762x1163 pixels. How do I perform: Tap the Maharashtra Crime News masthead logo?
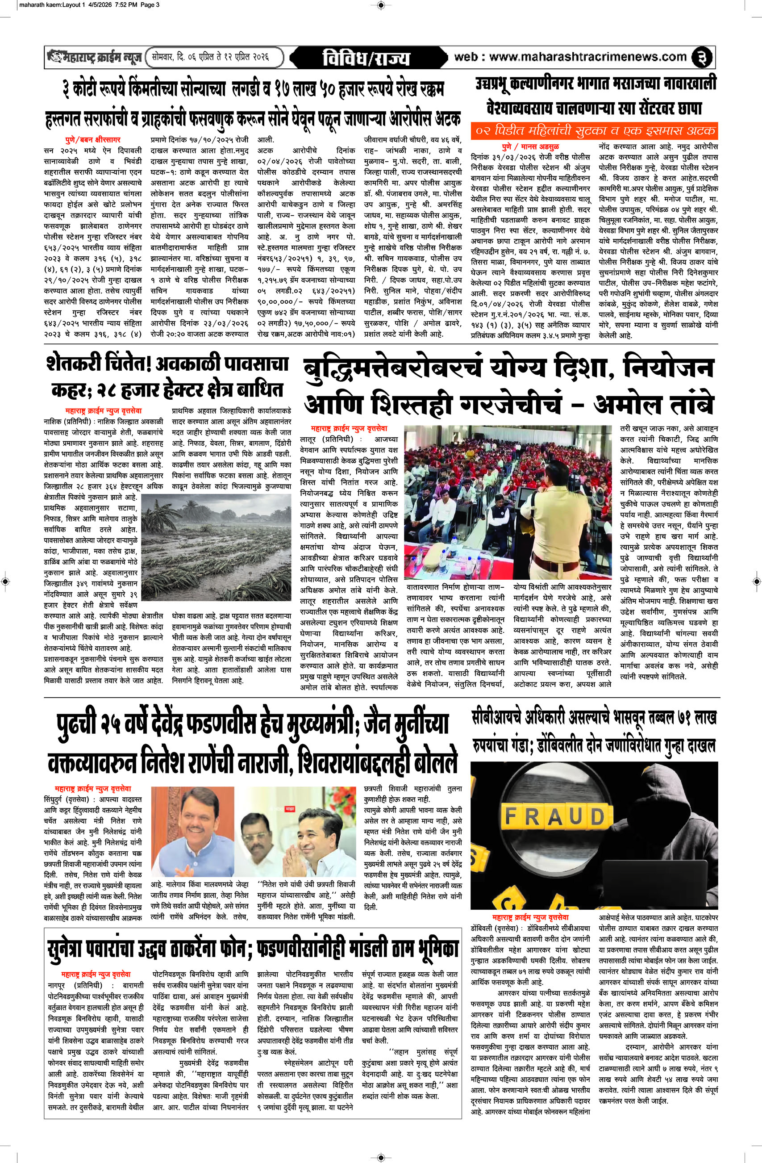[95, 57]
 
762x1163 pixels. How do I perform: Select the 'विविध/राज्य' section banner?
[366, 58]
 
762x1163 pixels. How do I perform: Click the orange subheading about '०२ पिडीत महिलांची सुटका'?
[595, 130]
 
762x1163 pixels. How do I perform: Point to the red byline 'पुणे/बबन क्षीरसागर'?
[93, 140]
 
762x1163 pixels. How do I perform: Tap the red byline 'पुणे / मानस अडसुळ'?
[530, 146]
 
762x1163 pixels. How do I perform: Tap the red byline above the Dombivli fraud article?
[530, 918]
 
